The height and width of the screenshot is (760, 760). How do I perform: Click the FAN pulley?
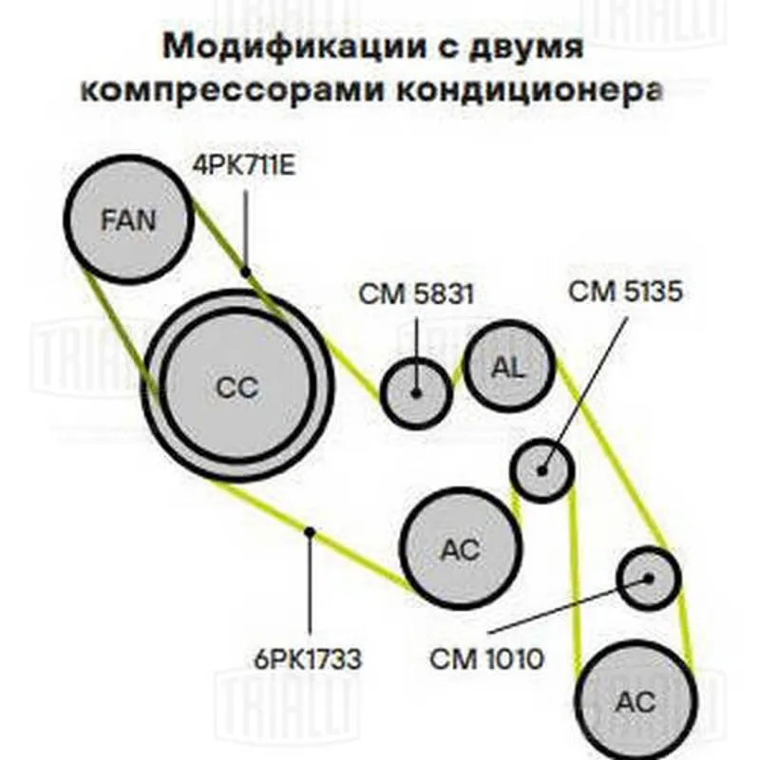129,219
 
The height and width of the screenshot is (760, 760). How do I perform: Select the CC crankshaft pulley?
237,386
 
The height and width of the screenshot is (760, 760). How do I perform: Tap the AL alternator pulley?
509,367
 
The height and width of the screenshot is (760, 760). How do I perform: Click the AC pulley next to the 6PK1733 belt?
461,548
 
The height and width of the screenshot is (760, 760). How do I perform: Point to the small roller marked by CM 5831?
416,393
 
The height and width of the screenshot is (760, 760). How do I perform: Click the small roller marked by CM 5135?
541,469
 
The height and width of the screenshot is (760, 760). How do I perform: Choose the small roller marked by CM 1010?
649,578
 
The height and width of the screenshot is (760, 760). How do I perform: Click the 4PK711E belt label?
244,165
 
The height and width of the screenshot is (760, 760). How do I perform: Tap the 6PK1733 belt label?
308,659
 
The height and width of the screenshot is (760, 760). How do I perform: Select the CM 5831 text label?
416,294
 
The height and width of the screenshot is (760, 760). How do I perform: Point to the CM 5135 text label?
625,292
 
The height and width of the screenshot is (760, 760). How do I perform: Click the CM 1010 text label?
486,659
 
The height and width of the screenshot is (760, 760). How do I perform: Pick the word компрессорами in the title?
232,90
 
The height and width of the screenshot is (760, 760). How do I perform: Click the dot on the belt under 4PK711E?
246,272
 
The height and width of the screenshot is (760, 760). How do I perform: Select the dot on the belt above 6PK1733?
310,532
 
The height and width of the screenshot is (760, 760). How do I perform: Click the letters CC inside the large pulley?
237,389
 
